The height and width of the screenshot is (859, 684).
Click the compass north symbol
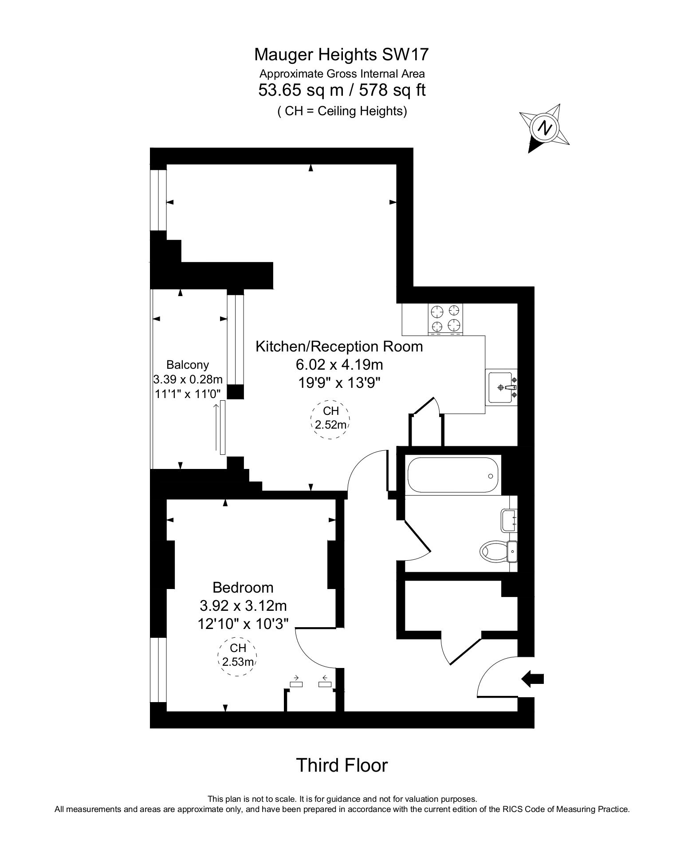545,128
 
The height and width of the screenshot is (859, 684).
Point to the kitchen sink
502,387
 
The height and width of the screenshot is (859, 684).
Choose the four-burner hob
445,319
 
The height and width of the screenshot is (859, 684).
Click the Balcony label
188,365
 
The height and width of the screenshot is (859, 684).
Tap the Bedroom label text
243,588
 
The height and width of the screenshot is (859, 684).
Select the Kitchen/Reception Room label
339,346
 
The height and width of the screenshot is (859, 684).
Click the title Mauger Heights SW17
342,55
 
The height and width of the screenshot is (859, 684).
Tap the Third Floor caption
342,765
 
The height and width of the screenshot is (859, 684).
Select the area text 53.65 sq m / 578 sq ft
342,90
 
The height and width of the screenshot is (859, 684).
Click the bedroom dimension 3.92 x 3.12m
243,605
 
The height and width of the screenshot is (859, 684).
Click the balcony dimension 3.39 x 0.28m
188,379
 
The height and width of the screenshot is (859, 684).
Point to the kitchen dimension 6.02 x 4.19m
339,365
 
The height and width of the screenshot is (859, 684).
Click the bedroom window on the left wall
158,669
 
